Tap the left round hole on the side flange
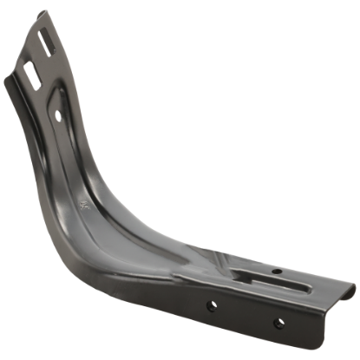(x=209, y=305)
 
